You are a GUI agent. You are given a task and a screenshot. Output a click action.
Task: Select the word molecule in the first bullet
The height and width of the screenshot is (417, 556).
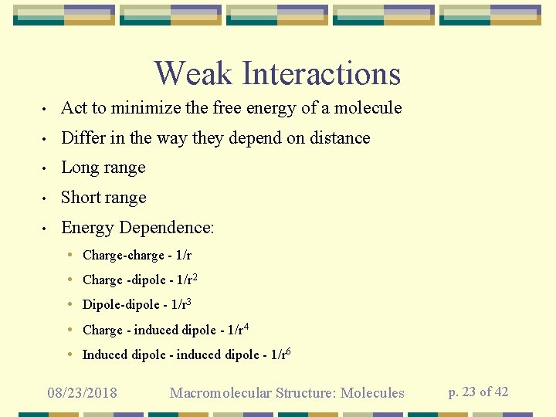pyautogui.click(x=369, y=108)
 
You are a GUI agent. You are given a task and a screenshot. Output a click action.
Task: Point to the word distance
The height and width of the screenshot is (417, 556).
pyautogui.click(x=339, y=138)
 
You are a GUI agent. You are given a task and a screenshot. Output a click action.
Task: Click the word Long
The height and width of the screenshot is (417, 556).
pyautogui.click(x=80, y=168)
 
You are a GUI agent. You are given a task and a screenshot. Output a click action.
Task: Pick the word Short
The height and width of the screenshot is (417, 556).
pyautogui.click(x=82, y=198)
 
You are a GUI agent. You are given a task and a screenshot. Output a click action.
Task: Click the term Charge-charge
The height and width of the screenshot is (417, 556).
pyautogui.click(x=124, y=255)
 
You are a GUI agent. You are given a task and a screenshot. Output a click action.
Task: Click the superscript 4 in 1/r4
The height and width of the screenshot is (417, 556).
pyautogui.click(x=245, y=327)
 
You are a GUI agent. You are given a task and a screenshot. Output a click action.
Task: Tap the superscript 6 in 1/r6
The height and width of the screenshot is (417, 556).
pyautogui.click(x=288, y=351)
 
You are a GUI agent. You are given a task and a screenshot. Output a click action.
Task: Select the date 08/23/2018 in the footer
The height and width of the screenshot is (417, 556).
pyautogui.click(x=82, y=393)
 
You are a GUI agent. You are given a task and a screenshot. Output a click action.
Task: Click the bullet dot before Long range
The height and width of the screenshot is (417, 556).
pyautogui.click(x=47, y=168)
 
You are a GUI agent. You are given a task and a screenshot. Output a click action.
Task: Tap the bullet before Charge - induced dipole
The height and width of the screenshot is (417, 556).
pyautogui.click(x=70, y=330)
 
